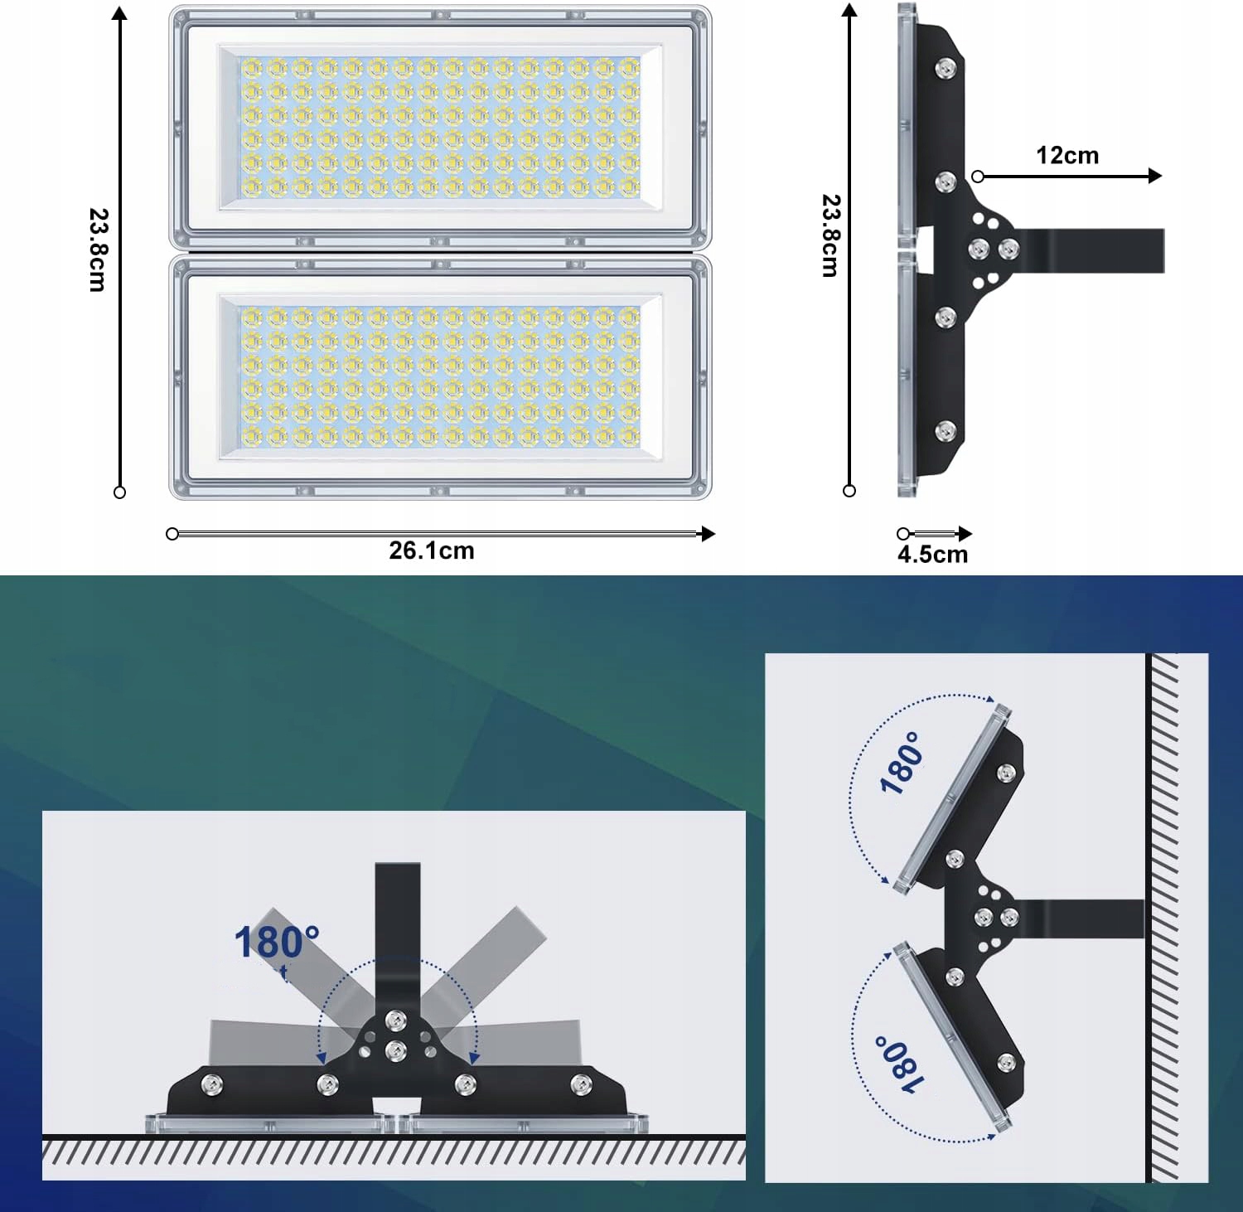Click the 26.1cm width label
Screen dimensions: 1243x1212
pyautogui.click(x=432, y=550)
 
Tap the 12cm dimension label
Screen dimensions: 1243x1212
pyautogui.click(x=1067, y=155)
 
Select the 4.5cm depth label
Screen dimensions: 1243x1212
pyautogui.click(x=932, y=555)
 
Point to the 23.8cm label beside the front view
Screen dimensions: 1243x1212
pyautogui.click(x=98, y=250)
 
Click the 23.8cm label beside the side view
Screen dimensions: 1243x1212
pyautogui.click(x=830, y=235)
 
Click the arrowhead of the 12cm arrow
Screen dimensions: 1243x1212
pyautogui.click(x=1155, y=176)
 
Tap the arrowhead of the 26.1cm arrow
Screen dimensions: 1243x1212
pyautogui.click(x=708, y=534)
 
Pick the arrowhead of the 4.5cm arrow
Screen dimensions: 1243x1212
pyautogui.click(x=965, y=534)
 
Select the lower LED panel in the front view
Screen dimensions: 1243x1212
pyautogui.click(x=440, y=377)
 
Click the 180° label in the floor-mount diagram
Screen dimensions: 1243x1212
pyautogui.click(x=276, y=943)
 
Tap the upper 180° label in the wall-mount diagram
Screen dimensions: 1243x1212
pyautogui.click(x=901, y=763)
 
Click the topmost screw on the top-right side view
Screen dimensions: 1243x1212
pyautogui.click(x=945, y=69)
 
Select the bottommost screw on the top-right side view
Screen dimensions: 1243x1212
pyautogui.click(x=945, y=430)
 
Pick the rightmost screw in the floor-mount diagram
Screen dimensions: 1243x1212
pyautogui.click(x=582, y=1083)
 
